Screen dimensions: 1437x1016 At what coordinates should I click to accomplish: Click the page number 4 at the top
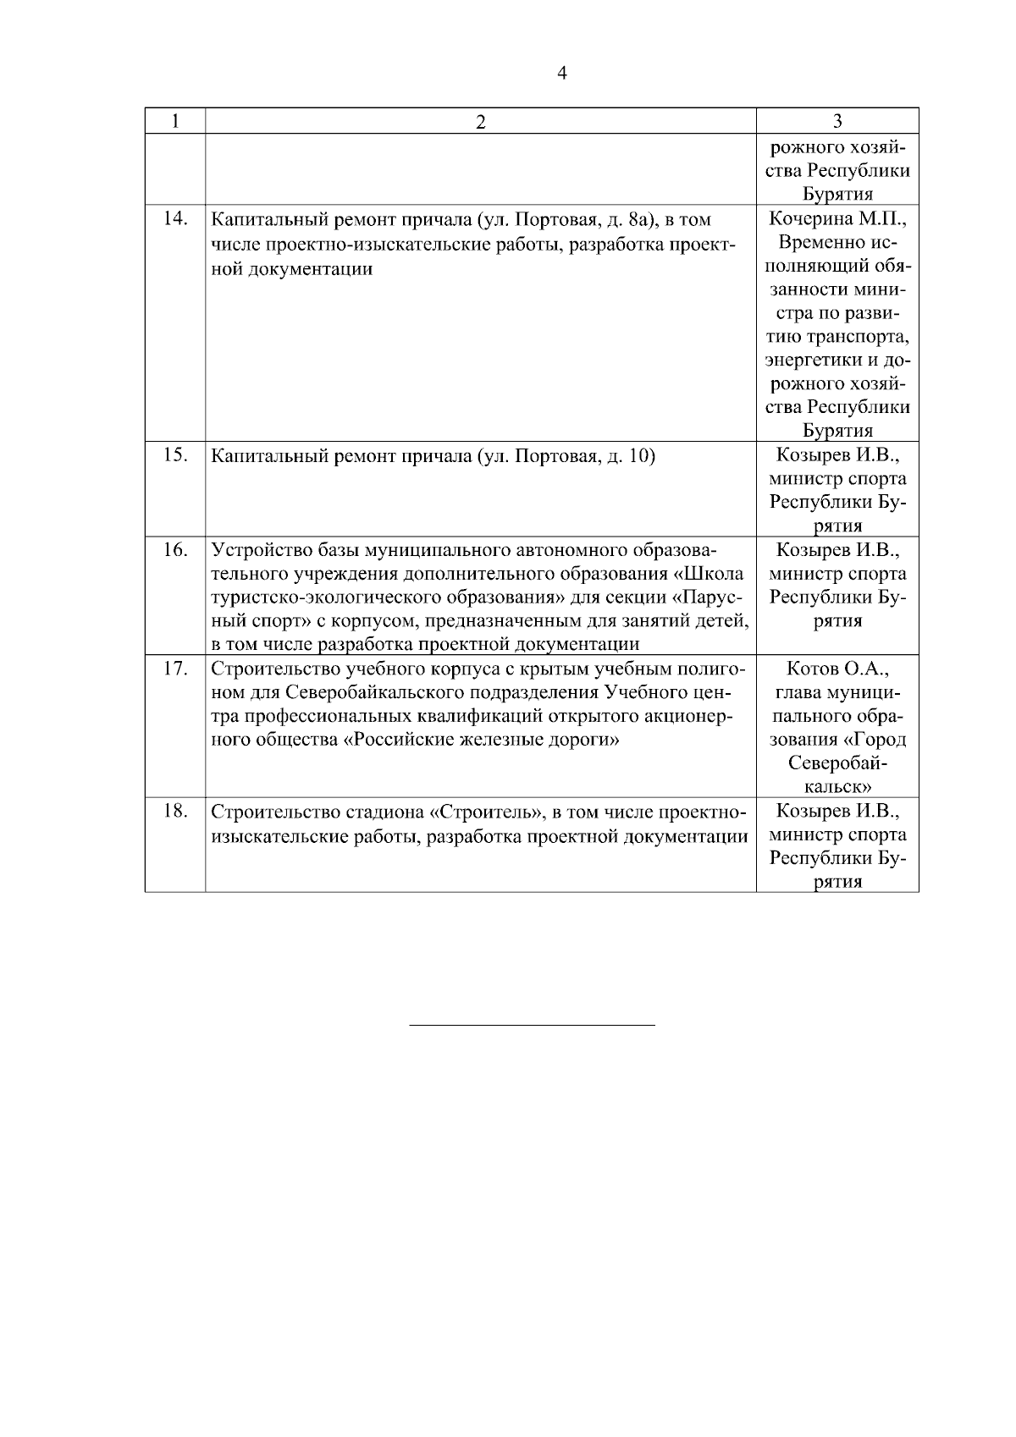click(562, 74)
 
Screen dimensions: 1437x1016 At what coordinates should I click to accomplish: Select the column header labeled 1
click(174, 121)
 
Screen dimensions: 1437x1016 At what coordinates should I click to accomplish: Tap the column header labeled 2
click(480, 122)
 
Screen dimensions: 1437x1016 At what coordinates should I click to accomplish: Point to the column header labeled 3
click(837, 121)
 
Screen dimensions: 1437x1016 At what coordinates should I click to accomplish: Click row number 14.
click(174, 219)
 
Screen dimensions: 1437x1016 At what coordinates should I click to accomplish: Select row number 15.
click(174, 455)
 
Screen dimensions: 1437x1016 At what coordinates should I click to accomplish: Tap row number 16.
click(174, 550)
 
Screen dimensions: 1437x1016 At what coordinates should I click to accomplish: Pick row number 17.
click(174, 669)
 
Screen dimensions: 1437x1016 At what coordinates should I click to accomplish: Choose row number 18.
click(174, 811)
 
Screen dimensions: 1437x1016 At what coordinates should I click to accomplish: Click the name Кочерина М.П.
click(837, 219)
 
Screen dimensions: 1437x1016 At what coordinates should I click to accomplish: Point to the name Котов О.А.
click(837, 669)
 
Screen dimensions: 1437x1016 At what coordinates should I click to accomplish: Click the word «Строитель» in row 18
click(487, 812)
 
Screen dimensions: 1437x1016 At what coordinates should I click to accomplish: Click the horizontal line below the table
click(532, 1026)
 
